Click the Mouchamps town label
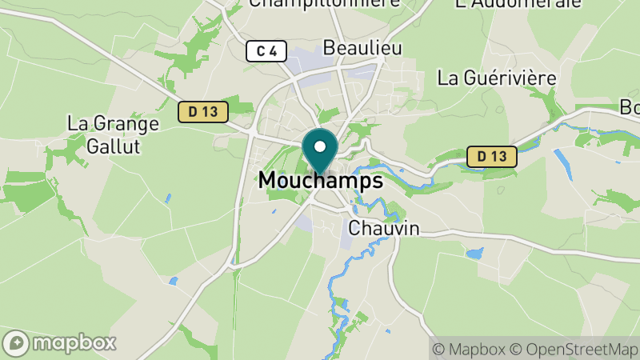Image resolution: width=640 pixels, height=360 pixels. (x=320, y=182)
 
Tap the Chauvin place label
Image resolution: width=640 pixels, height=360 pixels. (x=384, y=229)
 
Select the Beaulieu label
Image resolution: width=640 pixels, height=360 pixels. (x=362, y=48)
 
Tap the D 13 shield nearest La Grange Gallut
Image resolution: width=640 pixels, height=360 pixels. (x=203, y=111)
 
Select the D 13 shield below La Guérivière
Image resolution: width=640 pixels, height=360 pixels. (x=491, y=157)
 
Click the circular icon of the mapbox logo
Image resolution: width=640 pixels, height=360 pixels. (x=17, y=343)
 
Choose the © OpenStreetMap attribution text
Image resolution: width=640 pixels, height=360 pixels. (x=574, y=349)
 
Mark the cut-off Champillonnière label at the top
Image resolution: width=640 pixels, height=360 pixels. (x=324, y=3)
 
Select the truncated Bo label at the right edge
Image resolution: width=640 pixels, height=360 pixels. (x=630, y=106)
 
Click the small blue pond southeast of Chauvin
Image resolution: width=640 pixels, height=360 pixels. (x=474, y=254)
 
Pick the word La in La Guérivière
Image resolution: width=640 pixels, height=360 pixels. (x=448, y=78)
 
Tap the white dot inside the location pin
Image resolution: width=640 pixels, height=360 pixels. (x=320, y=146)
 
